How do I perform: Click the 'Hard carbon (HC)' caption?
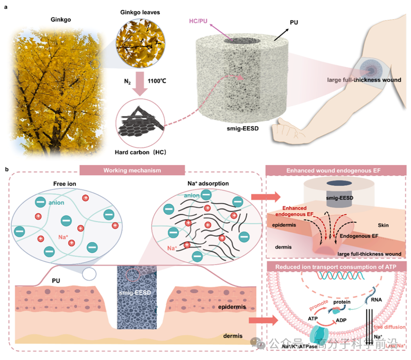click(x=139, y=152)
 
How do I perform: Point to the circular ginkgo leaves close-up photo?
click(x=138, y=37)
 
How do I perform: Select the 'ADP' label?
click(x=346, y=320)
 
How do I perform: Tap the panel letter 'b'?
click(x=7, y=169)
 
